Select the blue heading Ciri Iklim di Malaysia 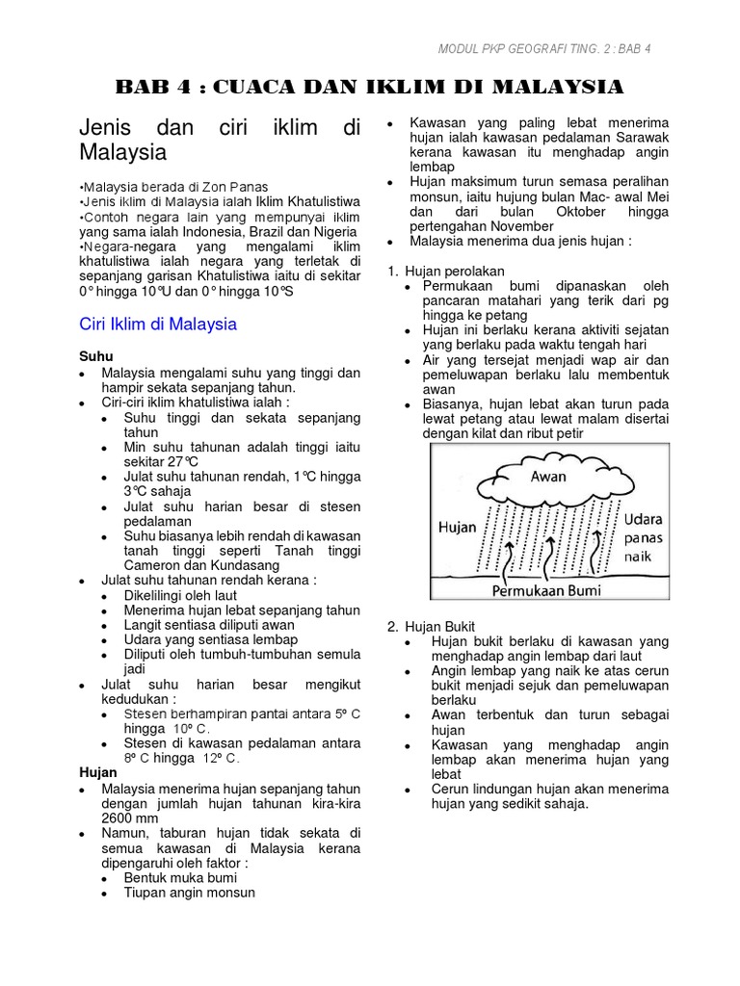[157, 324]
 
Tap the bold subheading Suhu [95, 355]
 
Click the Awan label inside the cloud [548, 476]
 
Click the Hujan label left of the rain [457, 527]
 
